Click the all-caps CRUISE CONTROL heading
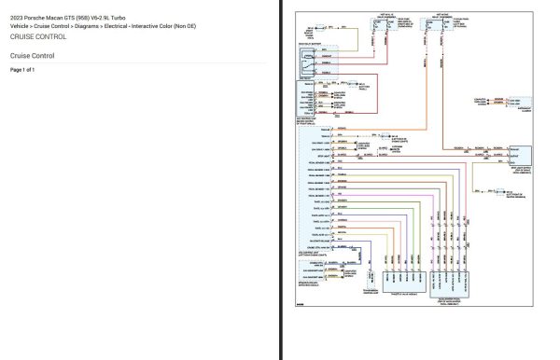point(38,37)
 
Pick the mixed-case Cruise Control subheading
point(33,56)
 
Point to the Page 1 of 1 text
point(22,70)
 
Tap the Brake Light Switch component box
point(520,153)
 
